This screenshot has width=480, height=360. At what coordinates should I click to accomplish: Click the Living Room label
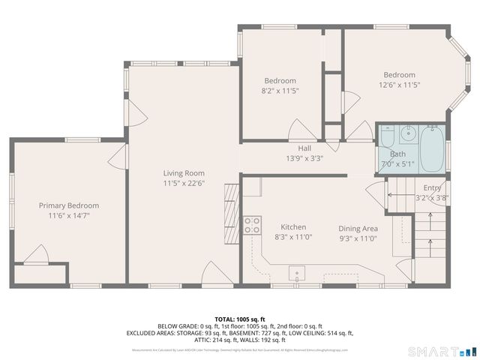tap(184, 173)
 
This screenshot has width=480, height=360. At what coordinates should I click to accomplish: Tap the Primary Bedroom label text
tap(69, 205)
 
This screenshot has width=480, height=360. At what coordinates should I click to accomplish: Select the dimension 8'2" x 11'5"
tap(280, 91)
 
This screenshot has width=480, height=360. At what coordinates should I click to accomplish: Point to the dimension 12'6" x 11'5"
tap(399, 85)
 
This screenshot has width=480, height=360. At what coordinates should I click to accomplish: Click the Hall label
tap(304, 148)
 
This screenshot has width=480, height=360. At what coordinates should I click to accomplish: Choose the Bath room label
tap(397, 153)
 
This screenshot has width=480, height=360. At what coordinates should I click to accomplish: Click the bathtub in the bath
tap(431, 148)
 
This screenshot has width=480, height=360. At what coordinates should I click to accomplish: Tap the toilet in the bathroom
tap(387, 137)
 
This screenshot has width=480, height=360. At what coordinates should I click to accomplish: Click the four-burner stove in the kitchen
tap(253, 224)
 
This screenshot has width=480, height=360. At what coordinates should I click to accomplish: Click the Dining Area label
tap(358, 229)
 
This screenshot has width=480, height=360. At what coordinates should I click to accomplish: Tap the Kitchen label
tap(293, 227)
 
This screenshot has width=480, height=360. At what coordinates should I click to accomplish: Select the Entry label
tap(432, 187)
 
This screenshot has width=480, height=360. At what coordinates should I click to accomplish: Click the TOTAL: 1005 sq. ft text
tap(240, 319)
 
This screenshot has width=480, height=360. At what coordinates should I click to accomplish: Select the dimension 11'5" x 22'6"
tap(184, 183)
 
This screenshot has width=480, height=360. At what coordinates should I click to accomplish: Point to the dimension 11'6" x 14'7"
tap(69, 215)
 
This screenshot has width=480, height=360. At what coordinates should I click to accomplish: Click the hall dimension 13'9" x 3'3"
tap(304, 158)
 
